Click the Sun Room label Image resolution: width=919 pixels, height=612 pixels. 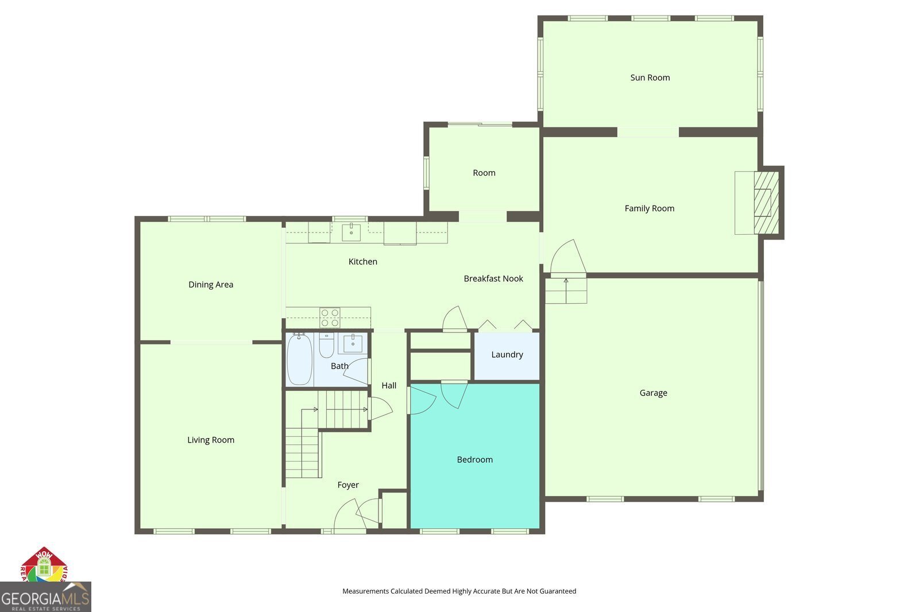tap(650, 78)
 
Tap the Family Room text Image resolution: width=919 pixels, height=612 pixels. tap(649, 208)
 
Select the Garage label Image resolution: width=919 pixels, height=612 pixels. tap(653, 393)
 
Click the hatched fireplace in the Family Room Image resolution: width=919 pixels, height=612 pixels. tap(766, 202)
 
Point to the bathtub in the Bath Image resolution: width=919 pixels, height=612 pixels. tap(299, 359)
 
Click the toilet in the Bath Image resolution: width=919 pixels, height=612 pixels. tap(326, 344)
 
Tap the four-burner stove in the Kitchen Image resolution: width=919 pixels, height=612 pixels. tap(330, 317)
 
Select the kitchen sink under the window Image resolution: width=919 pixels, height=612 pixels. tap(351, 233)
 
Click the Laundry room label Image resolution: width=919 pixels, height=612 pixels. tap(507, 354)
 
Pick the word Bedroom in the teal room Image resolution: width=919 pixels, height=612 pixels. tap(474, 459)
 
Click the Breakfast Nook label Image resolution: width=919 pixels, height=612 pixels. tap(493, 278)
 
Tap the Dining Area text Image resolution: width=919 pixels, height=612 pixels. tap(211, 284)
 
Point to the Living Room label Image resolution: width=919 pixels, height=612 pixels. tap(211, 440)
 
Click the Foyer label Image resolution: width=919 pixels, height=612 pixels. tap(347, 485)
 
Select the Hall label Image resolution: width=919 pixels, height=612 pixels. tap(389, 385)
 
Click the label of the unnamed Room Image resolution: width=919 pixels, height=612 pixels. tap(484, 173)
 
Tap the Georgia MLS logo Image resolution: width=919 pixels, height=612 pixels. tap(45, 597)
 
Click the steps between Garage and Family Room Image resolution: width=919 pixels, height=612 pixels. tap(566, 290)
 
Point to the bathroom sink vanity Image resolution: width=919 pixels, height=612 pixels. tap(352, 343)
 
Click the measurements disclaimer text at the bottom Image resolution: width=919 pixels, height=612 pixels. tap(459, 591)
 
